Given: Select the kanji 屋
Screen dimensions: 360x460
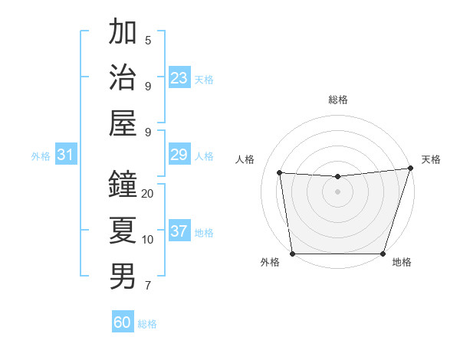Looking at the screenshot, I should (x=123, y=123).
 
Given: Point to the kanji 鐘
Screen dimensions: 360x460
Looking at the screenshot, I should (x=123, y=185).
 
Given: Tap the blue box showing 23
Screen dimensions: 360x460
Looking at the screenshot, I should (x=179, y=78).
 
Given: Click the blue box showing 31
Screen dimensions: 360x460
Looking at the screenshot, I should (x=66, y=155).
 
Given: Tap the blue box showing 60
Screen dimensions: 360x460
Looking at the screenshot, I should (x=123, y=322).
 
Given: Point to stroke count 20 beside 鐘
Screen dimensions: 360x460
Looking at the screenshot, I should (x=148, y=194).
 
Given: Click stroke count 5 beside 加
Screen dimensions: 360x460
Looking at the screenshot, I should (x=148, y=40).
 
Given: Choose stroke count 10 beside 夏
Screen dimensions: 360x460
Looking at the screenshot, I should (x=148, y=240).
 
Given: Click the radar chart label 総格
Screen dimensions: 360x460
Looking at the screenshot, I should (x=337, y=100).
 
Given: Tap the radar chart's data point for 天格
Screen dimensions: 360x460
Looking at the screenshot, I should (x=410, y=169).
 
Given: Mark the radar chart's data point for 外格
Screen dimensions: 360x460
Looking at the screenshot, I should (x=292, y=254).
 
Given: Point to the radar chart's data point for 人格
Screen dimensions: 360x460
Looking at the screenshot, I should (x=280, y=173).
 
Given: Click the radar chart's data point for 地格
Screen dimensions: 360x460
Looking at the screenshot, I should (x=383, y=254).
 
